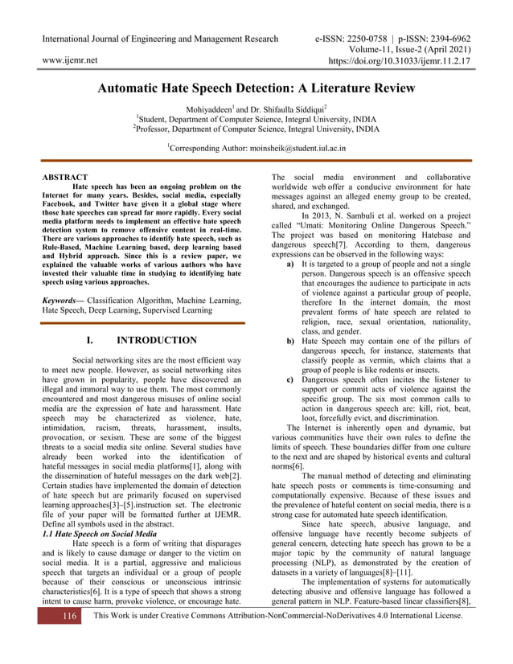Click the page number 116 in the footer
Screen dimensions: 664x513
coord(69,638)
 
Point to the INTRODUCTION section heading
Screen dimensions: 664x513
coord(156,340)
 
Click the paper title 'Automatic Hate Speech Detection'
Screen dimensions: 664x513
coord(256,88)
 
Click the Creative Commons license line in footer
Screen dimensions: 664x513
coord(278,638)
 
